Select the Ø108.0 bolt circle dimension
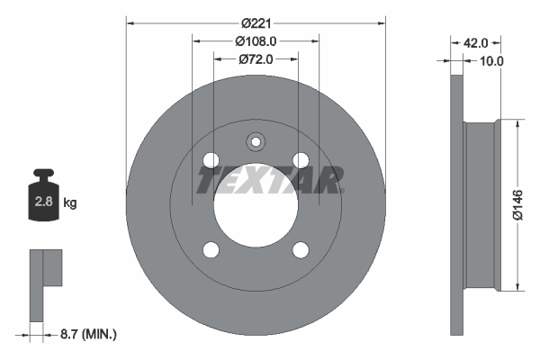click(x=256, y=40)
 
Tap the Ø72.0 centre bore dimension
click(x=256, y=58)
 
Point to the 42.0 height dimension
click(x=474, y=42)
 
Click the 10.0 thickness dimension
click(x=490, y=61)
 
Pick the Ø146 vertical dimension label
click(x=518, y=205)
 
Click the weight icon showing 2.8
click(x=42, y=197)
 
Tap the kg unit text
click(x=70, y=203)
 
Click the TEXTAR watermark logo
click(x=270, y=181)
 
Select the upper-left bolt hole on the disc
click(x=211, y=160)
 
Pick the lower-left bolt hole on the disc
click(x=211, y=249)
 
